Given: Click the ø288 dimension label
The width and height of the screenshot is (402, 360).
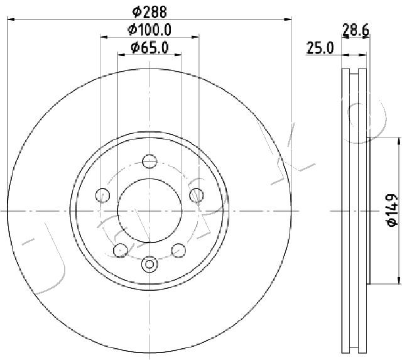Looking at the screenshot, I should tap(149, 11).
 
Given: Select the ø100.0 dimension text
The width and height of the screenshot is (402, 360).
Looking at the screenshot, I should tap(149, 29).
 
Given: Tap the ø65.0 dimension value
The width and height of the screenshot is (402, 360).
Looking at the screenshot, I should tap(149, 48).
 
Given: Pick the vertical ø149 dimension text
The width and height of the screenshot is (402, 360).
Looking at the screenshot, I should tap(391, 210).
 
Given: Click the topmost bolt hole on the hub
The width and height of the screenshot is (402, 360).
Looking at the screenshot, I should tap(149, 161).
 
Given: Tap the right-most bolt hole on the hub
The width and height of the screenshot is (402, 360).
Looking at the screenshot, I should tap(196, 196).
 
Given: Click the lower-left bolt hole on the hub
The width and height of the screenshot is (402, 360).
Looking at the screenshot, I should tap(120, 250).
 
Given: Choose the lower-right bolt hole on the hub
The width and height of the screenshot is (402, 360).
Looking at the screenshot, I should tap(178, 250).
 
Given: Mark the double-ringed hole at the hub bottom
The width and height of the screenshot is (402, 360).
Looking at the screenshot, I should tap(149, 264).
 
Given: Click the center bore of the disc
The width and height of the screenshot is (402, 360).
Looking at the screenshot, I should tap(149, 210).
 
